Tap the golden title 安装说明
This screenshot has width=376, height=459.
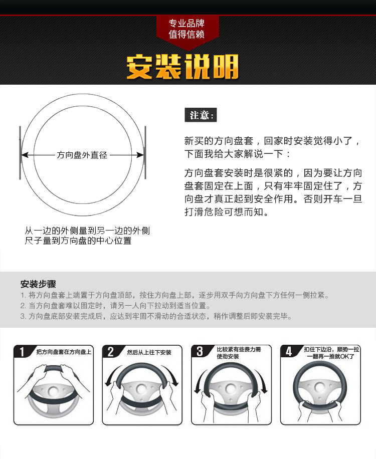pyautogui.click(x=182, y=67)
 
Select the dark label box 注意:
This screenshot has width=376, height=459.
pyautogui.click(x=201, y=115)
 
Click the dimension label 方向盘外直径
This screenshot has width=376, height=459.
pyautogui.click(x=82, y=155)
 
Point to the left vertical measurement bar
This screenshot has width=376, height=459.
pyautogui.click(x=20, y=153)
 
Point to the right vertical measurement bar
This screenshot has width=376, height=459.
pyautogui.click(x=145, y=153)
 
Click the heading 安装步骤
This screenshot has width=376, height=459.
pyautogui.click(x=38, y=284)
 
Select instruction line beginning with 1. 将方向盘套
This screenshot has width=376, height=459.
pyautogui.click(x=175, y=295)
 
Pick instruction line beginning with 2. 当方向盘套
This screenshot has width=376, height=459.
pyautogui.click(x=116, y=306)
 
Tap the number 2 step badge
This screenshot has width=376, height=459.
pyautogui.click(x=111, y=351)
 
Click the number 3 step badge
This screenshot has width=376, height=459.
pyautogui.click(x=200, y=351)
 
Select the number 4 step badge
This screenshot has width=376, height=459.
pyautogui.click(x=288, y=351)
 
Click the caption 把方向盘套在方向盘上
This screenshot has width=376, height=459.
pyautogui.click(x=64, y=352)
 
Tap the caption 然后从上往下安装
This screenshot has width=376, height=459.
pyautogui.click(x=149, y=352)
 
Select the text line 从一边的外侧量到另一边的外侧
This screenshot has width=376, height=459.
pyautogui.click(x=87, y=231)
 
